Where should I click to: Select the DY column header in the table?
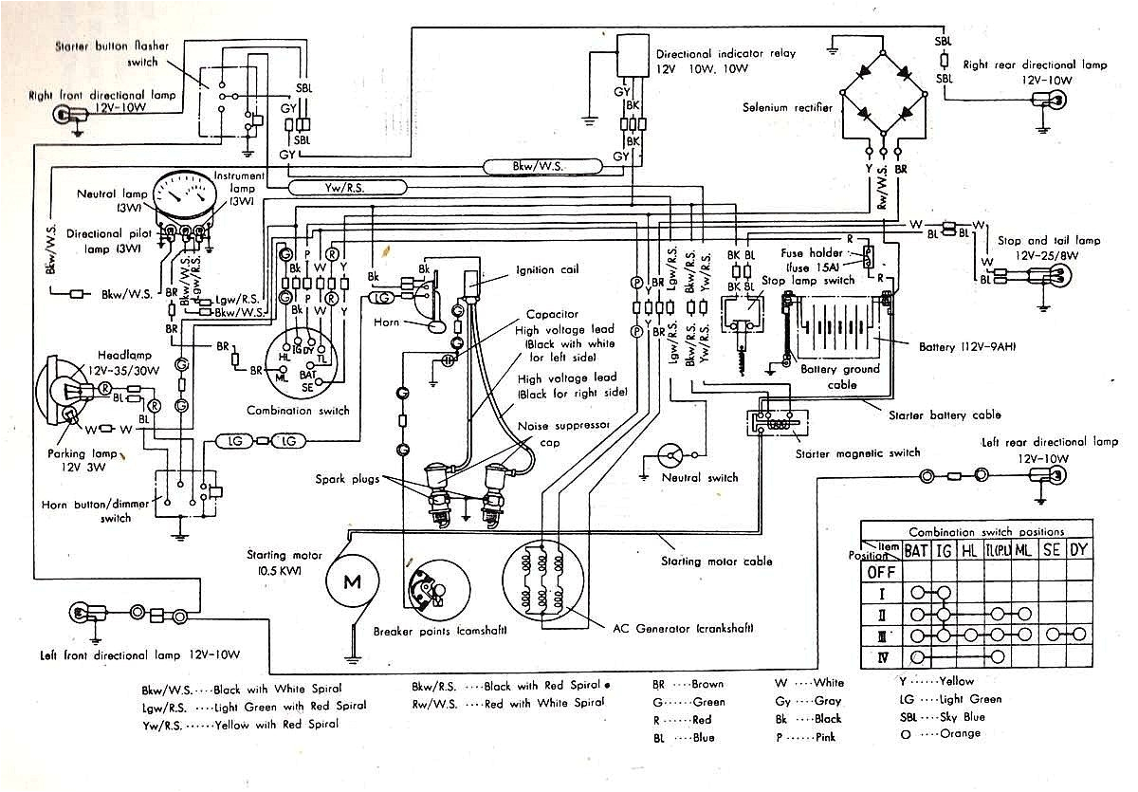click(x=1079, y=550)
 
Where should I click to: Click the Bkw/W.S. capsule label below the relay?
click(x=542, y=167)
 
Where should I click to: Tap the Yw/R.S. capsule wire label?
click(x=331, y=188)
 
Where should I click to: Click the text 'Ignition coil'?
click(x=548, y=269)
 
